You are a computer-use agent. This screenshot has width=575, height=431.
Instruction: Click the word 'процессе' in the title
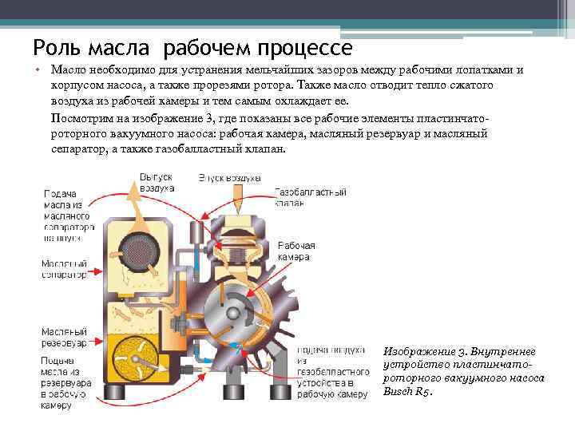[x=307, y=48]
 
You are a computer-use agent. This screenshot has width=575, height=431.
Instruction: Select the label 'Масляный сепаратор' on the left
[x=63, y=269]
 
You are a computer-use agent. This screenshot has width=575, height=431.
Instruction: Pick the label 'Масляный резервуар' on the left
[x=63, y=337]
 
